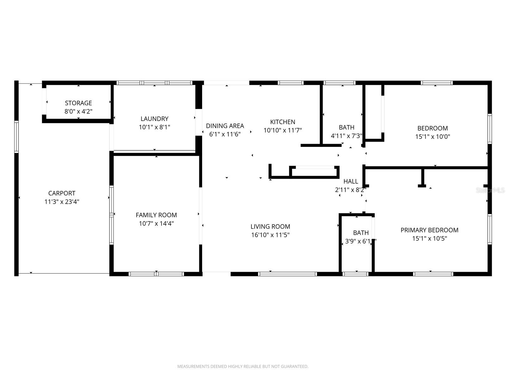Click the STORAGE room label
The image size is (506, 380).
point(78,103)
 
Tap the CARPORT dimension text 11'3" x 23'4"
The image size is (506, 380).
point(62,202)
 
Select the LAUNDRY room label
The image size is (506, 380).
point(154,119)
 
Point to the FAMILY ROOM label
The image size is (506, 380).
point(156,215)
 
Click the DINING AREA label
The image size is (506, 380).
point(225,126)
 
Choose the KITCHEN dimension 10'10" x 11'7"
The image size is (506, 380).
point(283,130)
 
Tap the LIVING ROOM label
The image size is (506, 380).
point(270,226)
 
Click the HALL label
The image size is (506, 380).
point(351,181)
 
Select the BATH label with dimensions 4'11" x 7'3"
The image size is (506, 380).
point(347,127)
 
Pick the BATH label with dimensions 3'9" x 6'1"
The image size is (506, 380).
point(361,233)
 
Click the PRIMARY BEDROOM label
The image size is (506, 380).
point(429,230)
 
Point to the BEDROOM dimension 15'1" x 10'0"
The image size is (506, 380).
point(433,137)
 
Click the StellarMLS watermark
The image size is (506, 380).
point(490,190)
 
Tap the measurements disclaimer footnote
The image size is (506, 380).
point(243,366)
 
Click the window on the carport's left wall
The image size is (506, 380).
point(16,137)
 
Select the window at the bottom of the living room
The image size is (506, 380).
point(287,274)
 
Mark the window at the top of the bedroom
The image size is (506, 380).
point(436,83)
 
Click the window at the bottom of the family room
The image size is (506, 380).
point(156,274)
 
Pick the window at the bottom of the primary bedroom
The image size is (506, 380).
point(433,274)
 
